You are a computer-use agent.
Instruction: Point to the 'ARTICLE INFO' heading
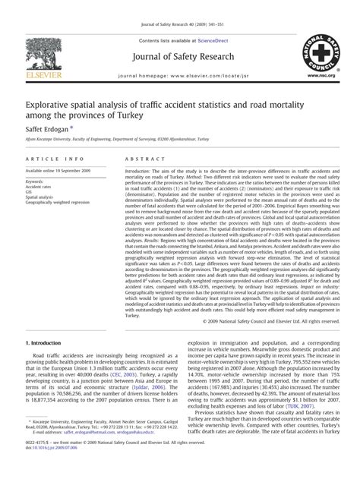point(55,158)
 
